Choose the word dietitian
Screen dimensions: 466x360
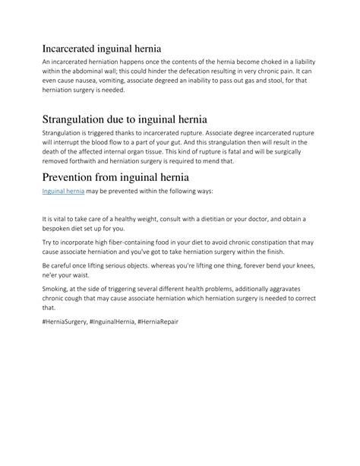215,219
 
